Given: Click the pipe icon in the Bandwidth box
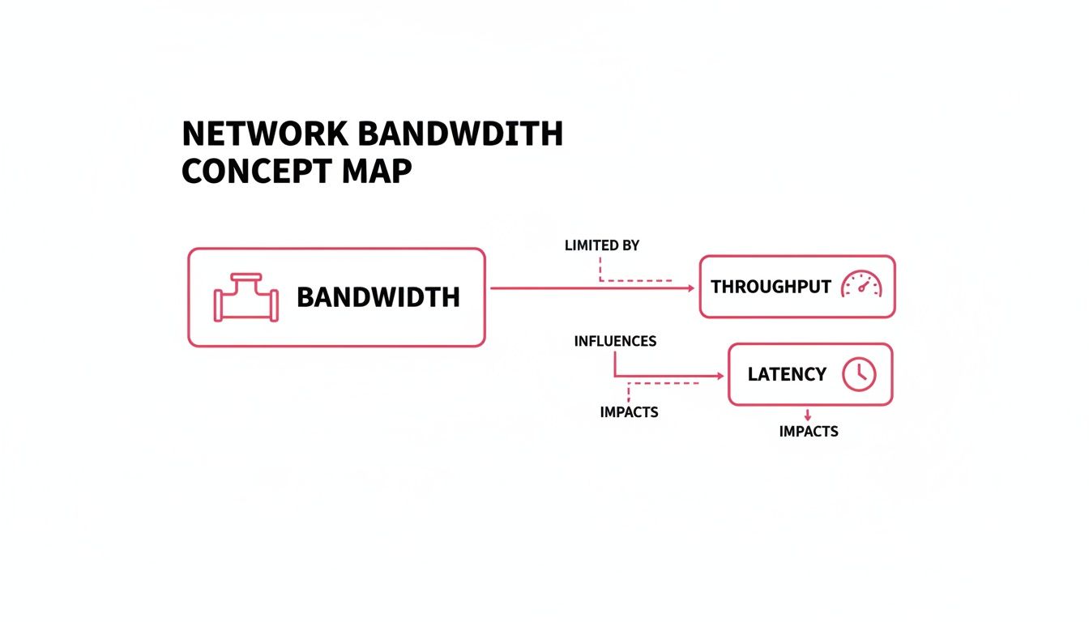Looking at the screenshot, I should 246,298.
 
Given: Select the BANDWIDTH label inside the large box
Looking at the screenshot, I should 378,297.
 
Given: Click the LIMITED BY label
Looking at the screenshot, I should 601,245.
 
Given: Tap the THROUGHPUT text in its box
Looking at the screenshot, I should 771,287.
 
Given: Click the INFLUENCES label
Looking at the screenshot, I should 615,341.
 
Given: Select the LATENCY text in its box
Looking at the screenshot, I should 787,374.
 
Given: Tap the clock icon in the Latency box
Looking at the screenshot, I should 859,374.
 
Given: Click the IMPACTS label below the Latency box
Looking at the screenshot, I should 808,432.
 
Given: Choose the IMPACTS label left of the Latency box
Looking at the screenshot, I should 629,412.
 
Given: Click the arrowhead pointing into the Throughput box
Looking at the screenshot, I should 690,288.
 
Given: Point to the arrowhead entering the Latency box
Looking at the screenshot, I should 718,377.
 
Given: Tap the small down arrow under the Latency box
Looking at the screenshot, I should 807,415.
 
